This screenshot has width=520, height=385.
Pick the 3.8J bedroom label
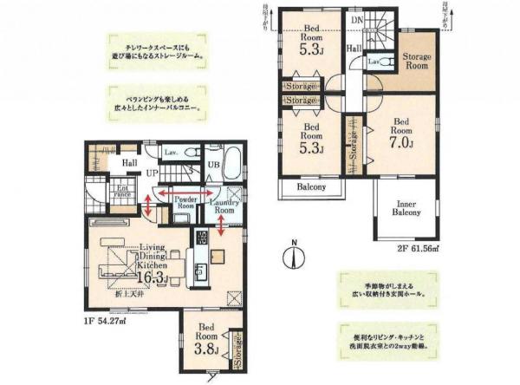[205, 341]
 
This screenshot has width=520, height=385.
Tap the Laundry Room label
[224, 206]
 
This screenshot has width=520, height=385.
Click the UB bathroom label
[211, 167]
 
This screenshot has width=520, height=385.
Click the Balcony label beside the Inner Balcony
[311, 186]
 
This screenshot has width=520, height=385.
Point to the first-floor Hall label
[129, 162]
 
